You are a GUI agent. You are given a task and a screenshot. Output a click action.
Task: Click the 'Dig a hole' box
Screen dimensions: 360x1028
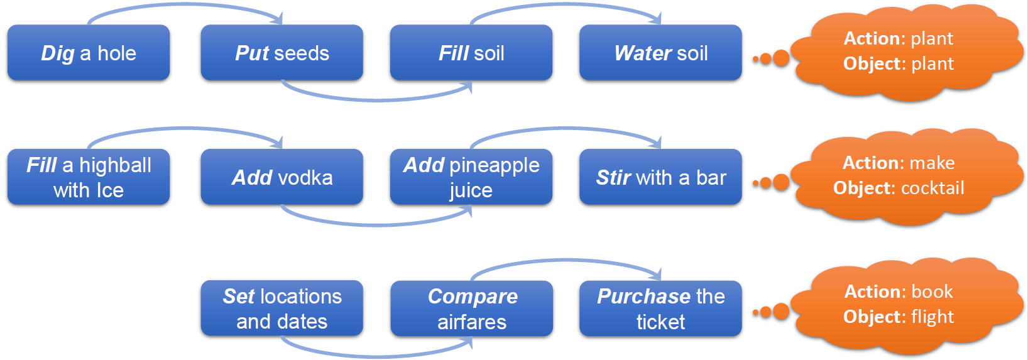pyautogui.click(x=89, y=53)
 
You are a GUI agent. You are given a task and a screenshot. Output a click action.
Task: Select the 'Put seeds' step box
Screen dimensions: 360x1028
pyautogui.click(x=282, y=53)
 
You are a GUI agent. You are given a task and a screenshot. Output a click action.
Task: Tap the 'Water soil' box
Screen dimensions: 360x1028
pyautogui.click(x=660, y=53)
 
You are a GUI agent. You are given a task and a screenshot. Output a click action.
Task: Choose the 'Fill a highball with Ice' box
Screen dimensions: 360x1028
pyautogui.click(x=89, y=177)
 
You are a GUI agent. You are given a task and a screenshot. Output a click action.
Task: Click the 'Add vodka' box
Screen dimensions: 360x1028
pyautogui.click(x=282, y=177)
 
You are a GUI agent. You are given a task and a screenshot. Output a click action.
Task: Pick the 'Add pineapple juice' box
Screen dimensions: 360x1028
pyautogui.click(x=471, y=177)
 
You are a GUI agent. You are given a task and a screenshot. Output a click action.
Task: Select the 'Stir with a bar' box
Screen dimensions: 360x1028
pyautogui.click(x=660, y=177)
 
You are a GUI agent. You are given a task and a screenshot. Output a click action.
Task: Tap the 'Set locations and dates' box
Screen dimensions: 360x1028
pyautogui.click(x=282, y=308)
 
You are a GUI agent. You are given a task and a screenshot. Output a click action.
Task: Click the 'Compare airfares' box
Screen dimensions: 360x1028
pyautogui.click(x=471, y=308)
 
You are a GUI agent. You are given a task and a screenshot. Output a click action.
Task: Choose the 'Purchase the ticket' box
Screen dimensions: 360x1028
pyautogui.click(x=660, y=308)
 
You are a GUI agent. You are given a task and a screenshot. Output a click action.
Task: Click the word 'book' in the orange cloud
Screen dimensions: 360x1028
pyautogui.click(x=932, y=292)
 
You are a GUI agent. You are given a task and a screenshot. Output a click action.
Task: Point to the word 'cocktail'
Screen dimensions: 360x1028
pyautogui.click(x=932, y=188)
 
